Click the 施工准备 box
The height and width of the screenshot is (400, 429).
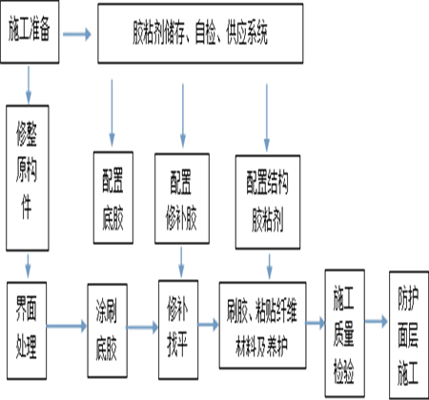coord(30,31)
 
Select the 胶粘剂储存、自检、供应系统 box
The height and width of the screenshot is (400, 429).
coord(200,33)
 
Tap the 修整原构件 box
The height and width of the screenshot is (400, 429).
coord(28,178)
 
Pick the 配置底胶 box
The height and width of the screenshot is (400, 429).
coord(113,197)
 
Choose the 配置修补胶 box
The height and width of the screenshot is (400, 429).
coord(182,198)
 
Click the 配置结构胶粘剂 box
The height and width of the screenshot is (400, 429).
coord(268,202)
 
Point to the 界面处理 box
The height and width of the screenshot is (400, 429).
coord(27,330)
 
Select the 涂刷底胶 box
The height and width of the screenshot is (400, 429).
coord(108,330)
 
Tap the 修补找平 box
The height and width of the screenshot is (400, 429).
coord(178,330)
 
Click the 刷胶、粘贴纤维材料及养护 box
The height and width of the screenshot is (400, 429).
coord(262,325)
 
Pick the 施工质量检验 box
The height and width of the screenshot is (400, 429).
coord(344,333)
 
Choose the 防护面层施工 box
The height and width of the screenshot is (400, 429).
coord(409,335)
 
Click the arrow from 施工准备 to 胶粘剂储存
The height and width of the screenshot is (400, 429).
coord(77,34)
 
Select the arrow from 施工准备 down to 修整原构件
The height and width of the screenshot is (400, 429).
coord(29,85)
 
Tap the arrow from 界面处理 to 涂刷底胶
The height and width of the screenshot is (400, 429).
coord(67,326)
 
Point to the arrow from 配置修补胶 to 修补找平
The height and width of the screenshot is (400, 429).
coord(181,263)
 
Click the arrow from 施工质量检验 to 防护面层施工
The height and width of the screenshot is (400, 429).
coord(377,322)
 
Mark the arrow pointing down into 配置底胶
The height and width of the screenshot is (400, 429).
coord(112,112)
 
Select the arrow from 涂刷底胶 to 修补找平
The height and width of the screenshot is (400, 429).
coord(143,327)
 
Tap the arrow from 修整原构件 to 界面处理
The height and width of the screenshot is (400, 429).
coord(29,266)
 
